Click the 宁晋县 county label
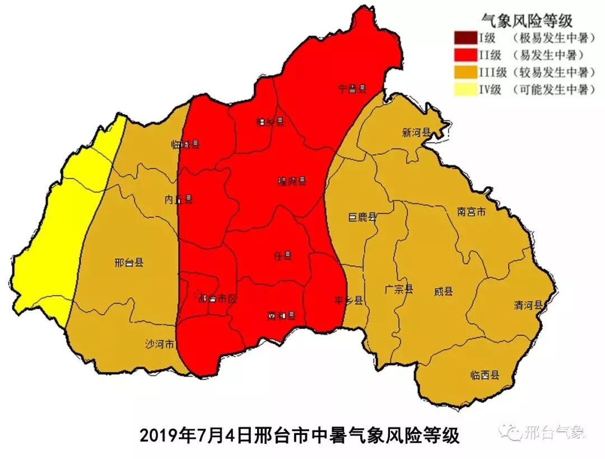coord(352,88)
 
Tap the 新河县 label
coord(416,133)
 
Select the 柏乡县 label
coord(270,121)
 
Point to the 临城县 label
coord(185,144)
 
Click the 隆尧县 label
coord(292,181)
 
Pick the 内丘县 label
coord(179,199)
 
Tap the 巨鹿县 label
coord(362,217)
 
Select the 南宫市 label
coord(471,212)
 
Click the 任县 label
coord(283,256)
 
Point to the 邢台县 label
coord(128,262)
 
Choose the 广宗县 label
coord(398,289)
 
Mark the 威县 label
coord(443,292)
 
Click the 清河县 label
coord(529,305)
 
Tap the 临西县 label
coord(485,376)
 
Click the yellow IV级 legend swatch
coord(464,90)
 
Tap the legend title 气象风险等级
coord(527,21)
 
